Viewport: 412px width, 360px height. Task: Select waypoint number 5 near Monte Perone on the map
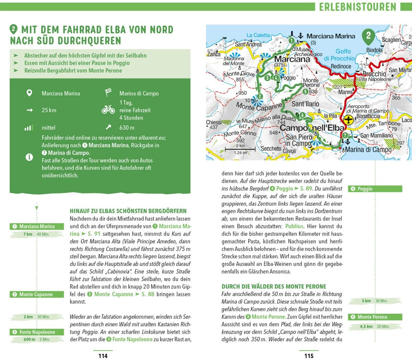point(305,91)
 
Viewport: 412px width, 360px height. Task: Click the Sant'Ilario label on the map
point(305,104)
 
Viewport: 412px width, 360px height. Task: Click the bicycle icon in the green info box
point(108,110)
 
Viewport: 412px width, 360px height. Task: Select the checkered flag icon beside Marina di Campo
point(108,93)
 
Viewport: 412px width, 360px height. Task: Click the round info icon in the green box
point(30,157)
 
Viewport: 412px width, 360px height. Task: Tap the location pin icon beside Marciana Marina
point(30,93)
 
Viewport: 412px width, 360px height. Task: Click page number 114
point(103,356)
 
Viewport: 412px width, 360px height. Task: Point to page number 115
point(309,356)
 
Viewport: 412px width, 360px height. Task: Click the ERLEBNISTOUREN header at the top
point(357,7)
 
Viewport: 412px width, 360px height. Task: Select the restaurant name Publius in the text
point(294,226)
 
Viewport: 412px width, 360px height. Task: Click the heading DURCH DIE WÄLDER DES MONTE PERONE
point(274,286)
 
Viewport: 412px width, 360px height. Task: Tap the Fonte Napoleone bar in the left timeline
point(37,332)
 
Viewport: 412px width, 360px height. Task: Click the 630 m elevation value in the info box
point(127,127)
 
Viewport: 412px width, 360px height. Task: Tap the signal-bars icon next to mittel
point(28,128)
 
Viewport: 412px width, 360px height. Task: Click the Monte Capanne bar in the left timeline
point(37,294)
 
